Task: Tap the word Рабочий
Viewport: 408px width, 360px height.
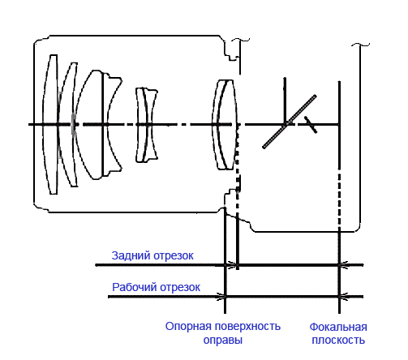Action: tap(131, 287)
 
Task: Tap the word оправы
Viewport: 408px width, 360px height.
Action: tap(222, 341)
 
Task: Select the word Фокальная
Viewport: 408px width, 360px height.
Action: tap(338, 327)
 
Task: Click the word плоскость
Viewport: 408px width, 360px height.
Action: tap(338, 341)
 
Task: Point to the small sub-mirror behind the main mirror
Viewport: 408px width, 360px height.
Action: tap(310, 123)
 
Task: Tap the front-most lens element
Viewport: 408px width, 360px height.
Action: tap(52, 124)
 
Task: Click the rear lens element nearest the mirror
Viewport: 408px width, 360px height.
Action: tap(225, 124)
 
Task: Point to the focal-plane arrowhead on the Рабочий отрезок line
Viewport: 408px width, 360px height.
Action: tap(342, 297)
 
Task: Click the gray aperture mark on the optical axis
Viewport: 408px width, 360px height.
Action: tap(74, 124)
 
